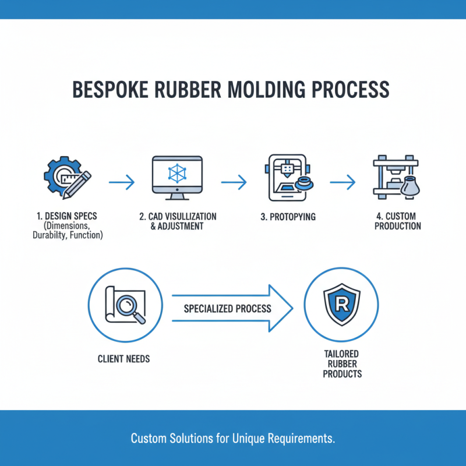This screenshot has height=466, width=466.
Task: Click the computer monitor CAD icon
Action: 176,174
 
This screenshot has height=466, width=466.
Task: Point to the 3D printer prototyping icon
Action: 287,174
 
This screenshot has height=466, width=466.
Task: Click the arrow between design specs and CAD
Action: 122,182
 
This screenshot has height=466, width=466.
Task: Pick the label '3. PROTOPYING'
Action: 288,217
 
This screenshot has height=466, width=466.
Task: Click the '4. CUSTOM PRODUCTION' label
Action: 398,221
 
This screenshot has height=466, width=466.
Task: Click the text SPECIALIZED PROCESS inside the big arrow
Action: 227,308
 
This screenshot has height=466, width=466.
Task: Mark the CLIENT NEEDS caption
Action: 123,359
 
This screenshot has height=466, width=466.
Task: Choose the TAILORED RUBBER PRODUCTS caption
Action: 341,363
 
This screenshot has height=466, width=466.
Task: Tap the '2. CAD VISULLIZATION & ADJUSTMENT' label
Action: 178,221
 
